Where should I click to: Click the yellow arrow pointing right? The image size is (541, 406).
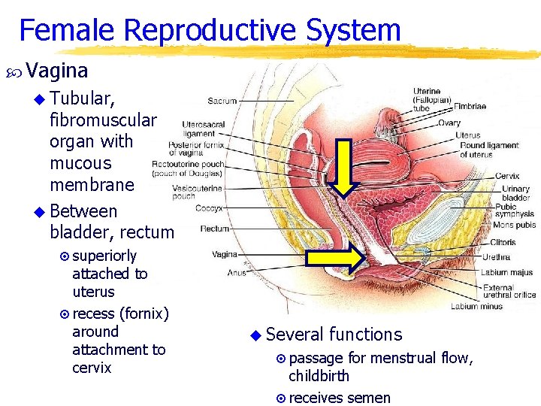pos(337,259)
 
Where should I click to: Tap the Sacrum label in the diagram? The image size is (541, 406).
pos(222,101)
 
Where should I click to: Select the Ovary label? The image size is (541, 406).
pos(449,123)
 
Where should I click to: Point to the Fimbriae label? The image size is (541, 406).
pos(469,107)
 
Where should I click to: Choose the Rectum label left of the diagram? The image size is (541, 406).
pos(215,229)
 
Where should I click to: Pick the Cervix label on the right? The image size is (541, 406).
pos(507,176)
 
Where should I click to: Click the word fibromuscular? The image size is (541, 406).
pos(103,120)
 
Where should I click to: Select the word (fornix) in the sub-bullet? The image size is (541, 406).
pos(144,313)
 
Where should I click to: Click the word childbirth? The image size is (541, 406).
pos(319,376)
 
